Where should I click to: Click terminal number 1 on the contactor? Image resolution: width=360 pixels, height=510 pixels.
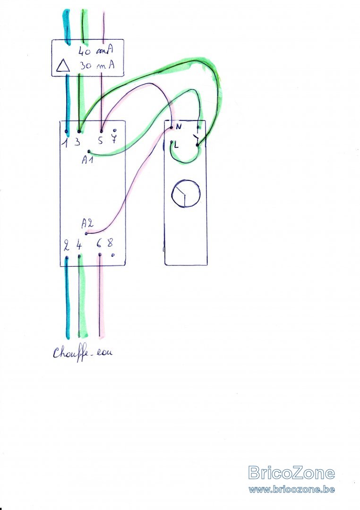coord(66,140)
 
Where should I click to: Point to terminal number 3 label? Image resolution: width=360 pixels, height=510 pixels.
coord(77,141)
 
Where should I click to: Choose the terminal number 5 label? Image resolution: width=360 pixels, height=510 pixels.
coord(100,140)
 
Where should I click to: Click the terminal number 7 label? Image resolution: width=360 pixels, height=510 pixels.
coord(114,139)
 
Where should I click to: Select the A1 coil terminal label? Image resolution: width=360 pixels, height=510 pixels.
coord(87,161)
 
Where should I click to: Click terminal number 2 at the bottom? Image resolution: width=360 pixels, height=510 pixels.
coord(66,246)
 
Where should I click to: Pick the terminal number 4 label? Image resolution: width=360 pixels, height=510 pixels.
coord(78,246)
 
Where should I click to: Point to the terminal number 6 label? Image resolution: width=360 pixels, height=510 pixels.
coord(99,245)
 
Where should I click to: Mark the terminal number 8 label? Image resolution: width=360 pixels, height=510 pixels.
coord(110,244)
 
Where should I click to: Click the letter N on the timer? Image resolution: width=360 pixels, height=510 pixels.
coord(179,127)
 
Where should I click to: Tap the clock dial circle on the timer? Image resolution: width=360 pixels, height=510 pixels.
coord(185,194)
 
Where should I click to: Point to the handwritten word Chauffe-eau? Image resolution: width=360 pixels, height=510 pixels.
coord(83,353)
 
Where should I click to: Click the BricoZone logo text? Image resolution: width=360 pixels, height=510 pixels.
coord(291,473)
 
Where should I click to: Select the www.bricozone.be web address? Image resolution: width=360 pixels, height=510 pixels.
coord(291,489)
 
